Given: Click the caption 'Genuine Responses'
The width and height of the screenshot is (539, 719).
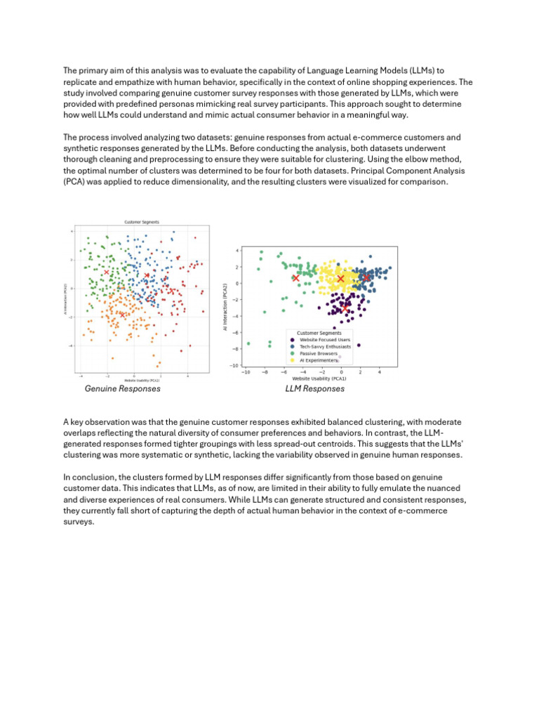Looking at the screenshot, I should coord(122,388).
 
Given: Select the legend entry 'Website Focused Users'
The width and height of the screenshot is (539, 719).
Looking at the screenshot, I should coord(320,339).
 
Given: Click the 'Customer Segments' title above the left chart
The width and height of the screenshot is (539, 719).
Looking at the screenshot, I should coord(142,222).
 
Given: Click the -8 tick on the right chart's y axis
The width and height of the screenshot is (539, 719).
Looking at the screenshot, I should coord(237,349).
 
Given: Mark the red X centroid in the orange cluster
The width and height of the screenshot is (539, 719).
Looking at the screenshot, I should coord(123,315).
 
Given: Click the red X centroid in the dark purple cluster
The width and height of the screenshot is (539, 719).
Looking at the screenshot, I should coord(345,307).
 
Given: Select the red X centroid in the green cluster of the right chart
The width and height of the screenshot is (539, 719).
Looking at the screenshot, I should coord(295,278).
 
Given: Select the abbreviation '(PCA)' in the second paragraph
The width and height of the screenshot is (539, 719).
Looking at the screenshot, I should coord(75,181).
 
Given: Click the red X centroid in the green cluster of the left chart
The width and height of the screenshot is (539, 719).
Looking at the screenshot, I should coord(107,272).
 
